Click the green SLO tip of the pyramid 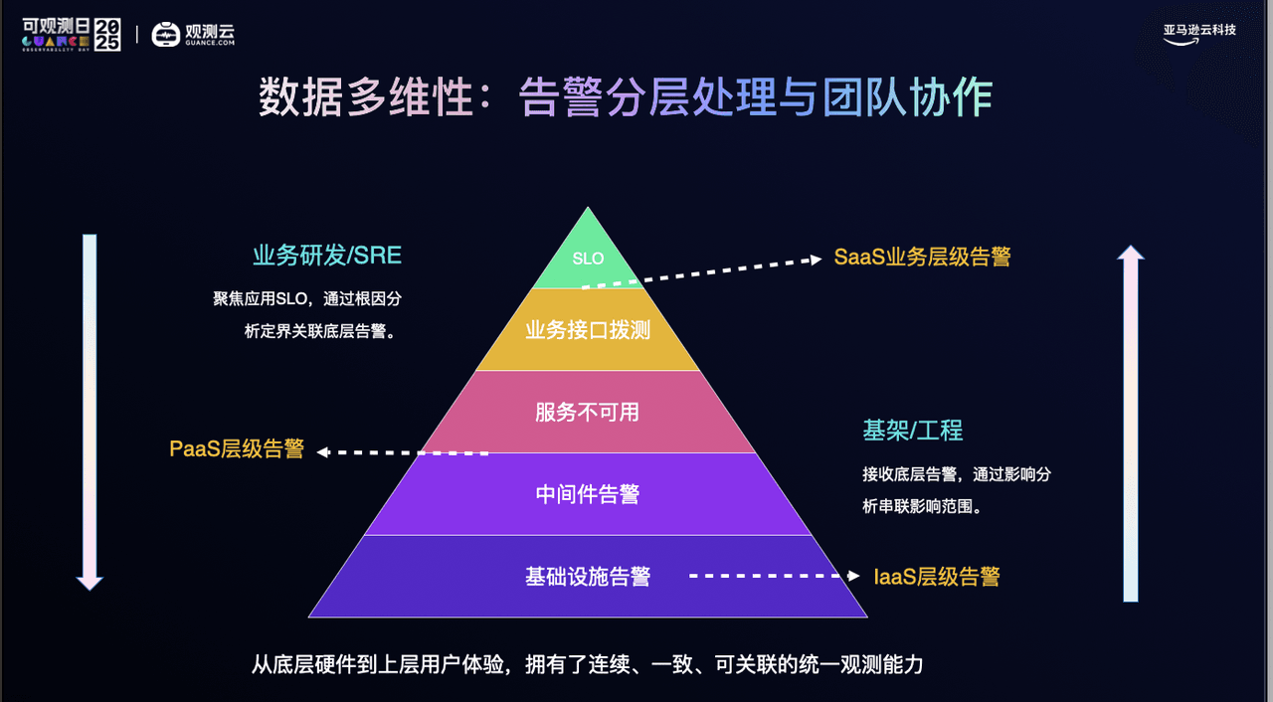(x=588, y=258)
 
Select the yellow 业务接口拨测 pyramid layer (x=588, y=330)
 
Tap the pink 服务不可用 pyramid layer (x=588, y=412)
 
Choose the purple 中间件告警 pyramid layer (x=588, y=494)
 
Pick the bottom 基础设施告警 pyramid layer (x=588, y=577)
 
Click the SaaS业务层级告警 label (x=922, y=258)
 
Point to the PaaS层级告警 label (x=237, y=448)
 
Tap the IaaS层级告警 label (x=937, y=577)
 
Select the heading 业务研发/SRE (x=326, y=256)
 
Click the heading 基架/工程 (x=912, y=431)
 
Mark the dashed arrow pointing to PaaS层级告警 (x=403, y=452)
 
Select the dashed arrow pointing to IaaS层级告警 (x=775, y=576)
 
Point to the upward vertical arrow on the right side (x=1130, y=424)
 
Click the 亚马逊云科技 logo (x=1199, y=33)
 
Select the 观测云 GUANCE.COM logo (x=194, y=35)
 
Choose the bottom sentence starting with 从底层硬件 (x=588, y=664)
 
